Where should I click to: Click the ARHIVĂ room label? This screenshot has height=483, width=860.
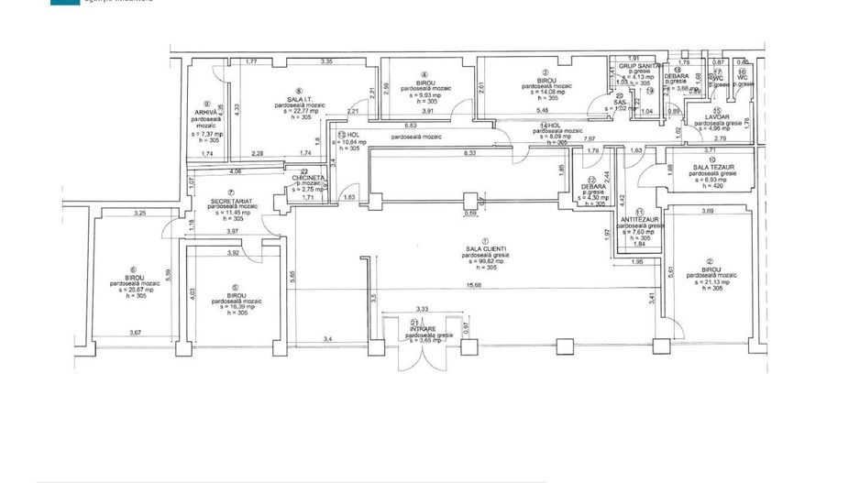(x=206, y=112)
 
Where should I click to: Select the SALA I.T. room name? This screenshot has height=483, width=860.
(x=293, y=99)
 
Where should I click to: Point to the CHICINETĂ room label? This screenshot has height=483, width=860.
(x=310, y=178)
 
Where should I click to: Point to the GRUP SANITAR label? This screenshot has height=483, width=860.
(x=639, y=66)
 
